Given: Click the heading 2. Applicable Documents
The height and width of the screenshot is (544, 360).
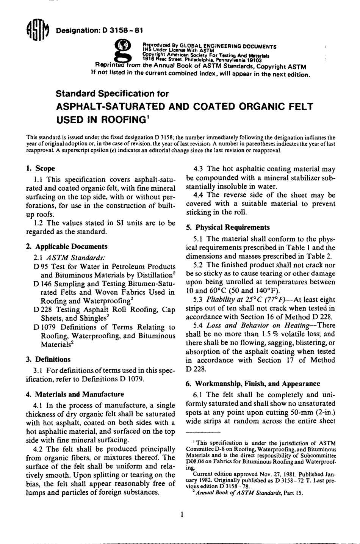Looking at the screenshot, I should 67,246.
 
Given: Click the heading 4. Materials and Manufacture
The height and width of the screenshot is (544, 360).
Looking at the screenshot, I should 75,394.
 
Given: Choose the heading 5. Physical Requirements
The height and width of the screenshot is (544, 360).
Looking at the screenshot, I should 228,227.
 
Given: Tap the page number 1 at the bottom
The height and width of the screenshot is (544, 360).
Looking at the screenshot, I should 182,514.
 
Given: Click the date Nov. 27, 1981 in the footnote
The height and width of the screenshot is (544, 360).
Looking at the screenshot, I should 274,473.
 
